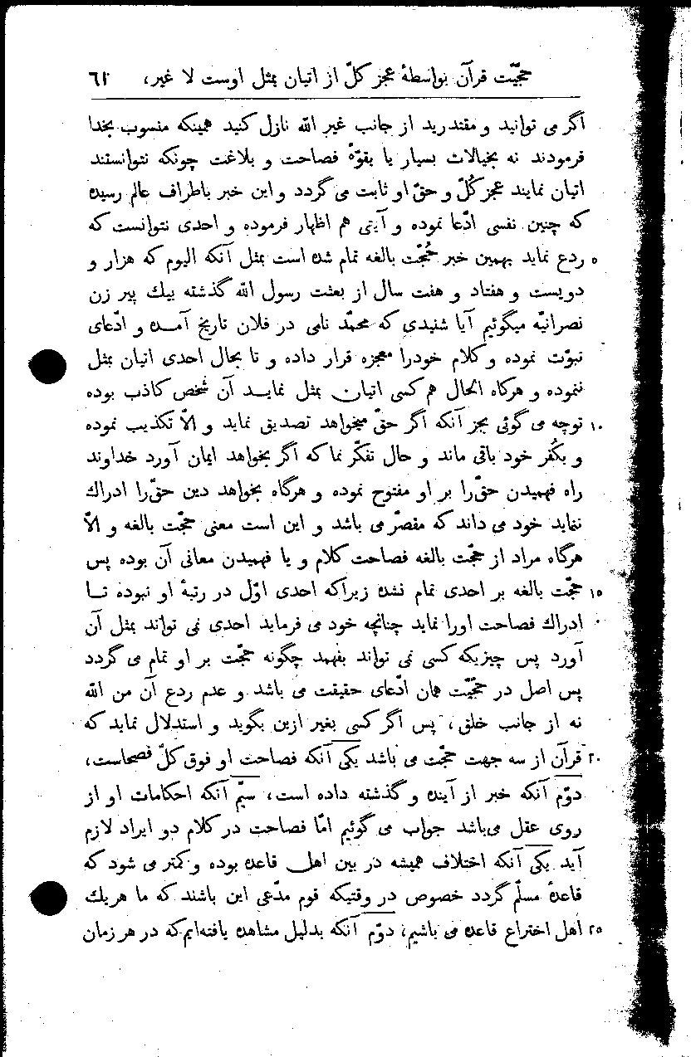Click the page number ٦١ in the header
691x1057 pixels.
pyautogui.click(x=102, y=80)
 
